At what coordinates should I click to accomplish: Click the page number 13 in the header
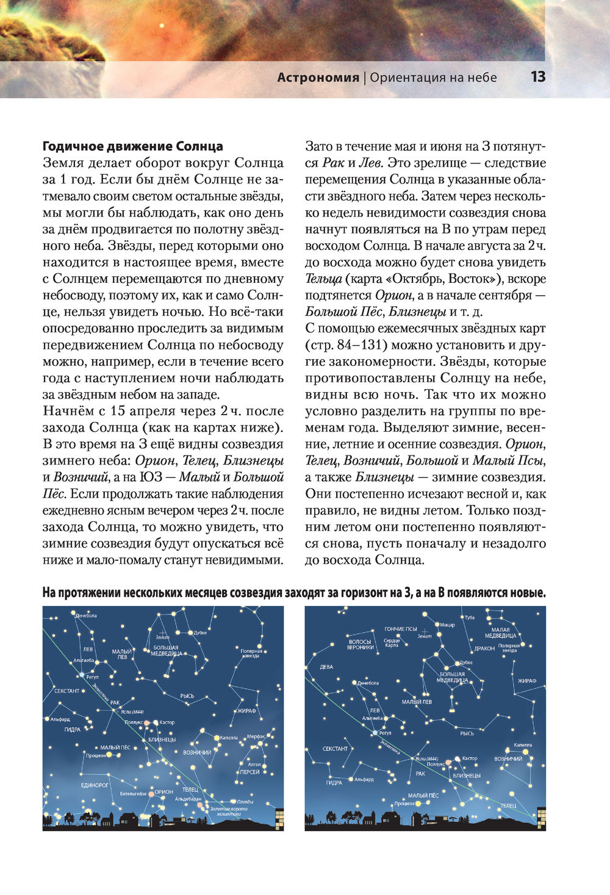[x=537, y=77]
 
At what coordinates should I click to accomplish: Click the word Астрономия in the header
[x=318, y=77]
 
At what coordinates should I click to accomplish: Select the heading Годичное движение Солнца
[x=132, y=146]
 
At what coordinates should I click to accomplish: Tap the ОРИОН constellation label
[x=164, y=792]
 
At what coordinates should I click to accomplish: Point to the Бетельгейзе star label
[x=133, y=794]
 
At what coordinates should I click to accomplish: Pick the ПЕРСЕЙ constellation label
[x=249, y=772]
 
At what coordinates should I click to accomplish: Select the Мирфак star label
[x=256, y=737]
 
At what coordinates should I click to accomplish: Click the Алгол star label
[x=254, y=764]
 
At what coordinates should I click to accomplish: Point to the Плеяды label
[x=245, y=801]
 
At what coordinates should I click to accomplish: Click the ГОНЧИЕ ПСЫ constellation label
[x=400, y=629]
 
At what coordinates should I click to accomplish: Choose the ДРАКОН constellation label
[x=484, y=649]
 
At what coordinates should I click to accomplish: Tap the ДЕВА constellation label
[x=326, y=667]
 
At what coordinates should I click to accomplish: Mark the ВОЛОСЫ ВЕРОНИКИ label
[x=360, y=644]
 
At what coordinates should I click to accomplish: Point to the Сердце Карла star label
[x=392, y=643]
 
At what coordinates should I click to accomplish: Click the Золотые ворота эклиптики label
[x=229, y=811]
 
